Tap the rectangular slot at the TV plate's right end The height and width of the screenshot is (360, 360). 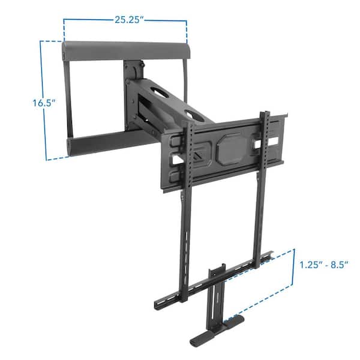274,140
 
